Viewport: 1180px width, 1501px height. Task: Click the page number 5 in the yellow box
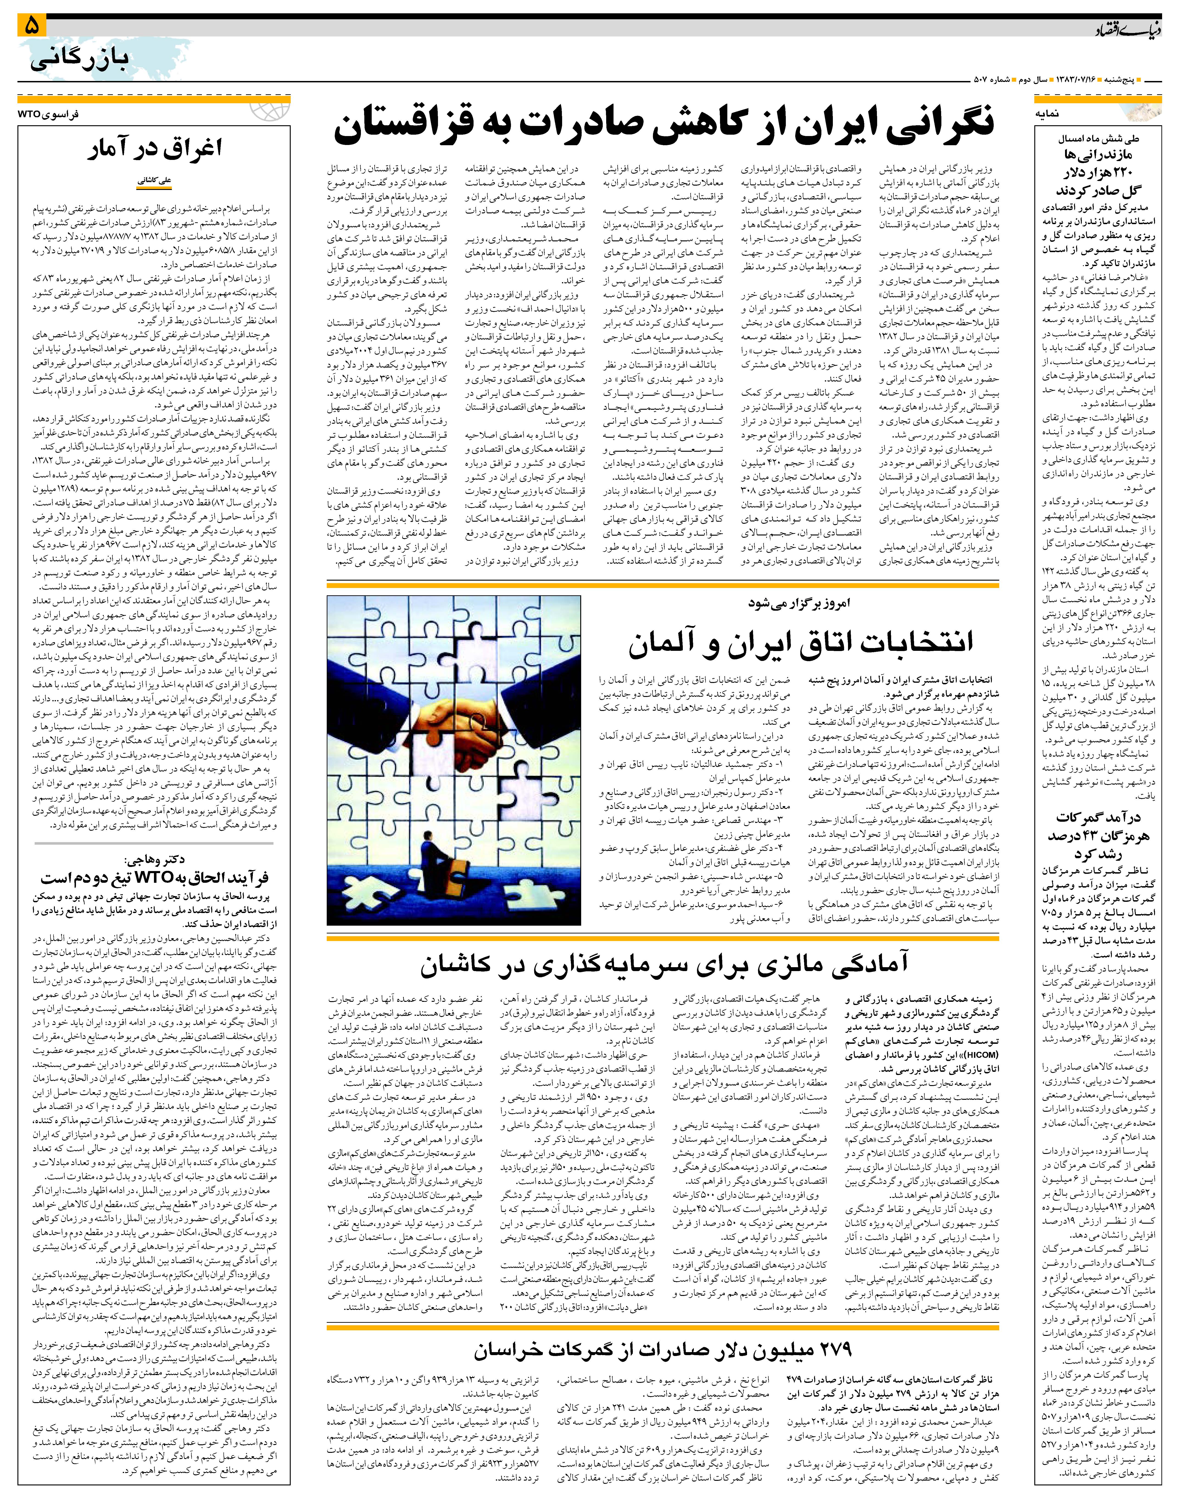33,25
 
